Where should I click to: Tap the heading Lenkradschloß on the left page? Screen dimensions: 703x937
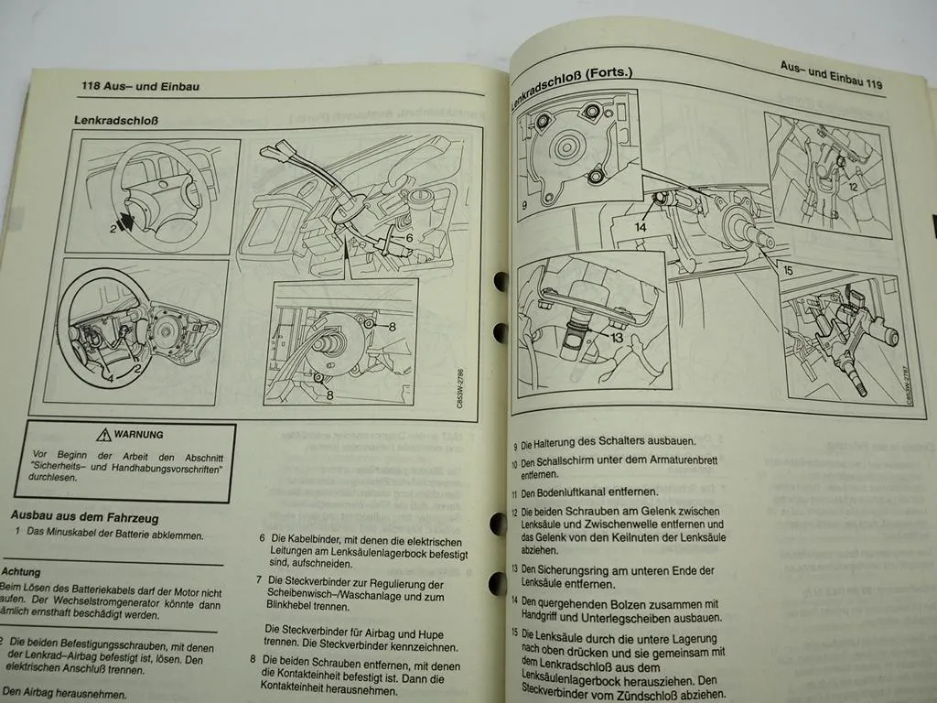click(110, 120)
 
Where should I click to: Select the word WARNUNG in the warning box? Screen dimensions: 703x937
click(140, 435)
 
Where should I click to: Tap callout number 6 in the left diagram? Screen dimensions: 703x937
click(409, 238)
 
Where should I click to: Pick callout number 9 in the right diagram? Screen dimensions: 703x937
click(525, 206)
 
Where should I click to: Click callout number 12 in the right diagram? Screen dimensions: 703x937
click(852, 187)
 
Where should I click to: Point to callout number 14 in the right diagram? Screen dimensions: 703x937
click(641, 226)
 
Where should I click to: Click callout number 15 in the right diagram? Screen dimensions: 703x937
click(786, 270)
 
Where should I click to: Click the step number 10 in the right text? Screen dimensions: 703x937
click(514, 464)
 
